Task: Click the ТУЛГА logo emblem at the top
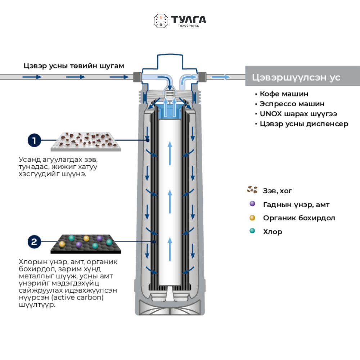click(x=161, y=21)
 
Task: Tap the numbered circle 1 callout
click(x=34, y=140)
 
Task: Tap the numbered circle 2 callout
click(x=34, y=242)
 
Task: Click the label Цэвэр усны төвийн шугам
click(x=74, y=66)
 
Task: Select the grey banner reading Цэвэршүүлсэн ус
click(x=302, y=76)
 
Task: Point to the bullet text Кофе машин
click(x=284, y=94)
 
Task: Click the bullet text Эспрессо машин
click(x=292, y=104)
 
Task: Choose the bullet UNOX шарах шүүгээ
click(x=298, y=114)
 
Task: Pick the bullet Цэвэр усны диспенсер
click(x=304, y=124)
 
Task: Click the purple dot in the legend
click(x=252, y=204)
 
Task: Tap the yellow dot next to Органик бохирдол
click(x=252, y=217)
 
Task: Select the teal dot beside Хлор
click(x=252, y=231)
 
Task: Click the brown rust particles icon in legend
click(x=252, y=190)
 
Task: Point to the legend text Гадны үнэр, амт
click(x=296, y=204)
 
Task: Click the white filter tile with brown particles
click(x=86, y=141)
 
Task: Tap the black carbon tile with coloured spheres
click(x=86, y=244)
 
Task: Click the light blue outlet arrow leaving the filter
click(x=220, y=77)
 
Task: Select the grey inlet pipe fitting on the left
click(x=137, y=77)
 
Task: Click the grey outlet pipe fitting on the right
click(x=202, y=77)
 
